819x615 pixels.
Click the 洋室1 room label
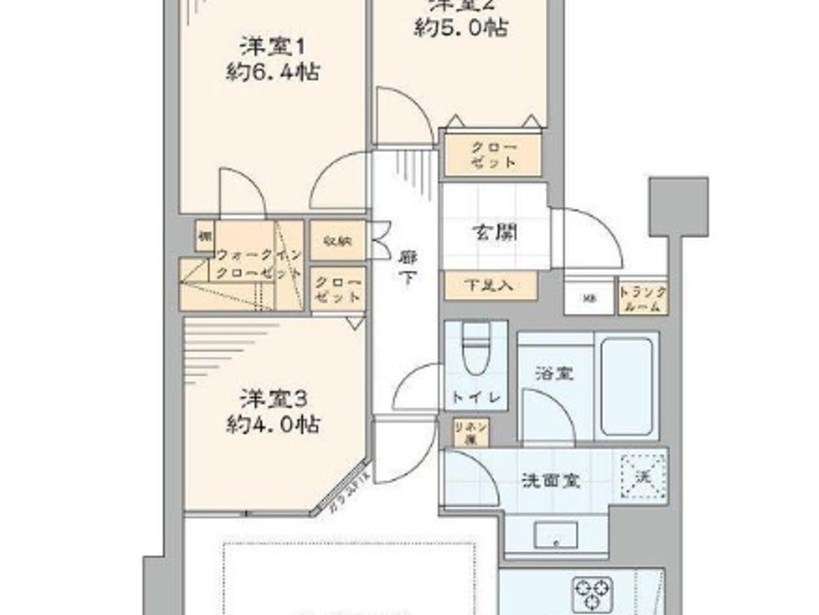(x=273, y=47)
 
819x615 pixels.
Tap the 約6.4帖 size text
(x=273, y=73)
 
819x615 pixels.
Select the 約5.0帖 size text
(x=460, y=28)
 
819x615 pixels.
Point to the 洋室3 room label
(x=273, y=399)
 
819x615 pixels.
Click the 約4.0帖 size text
(x=273, y=424)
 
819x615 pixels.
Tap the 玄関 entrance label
(x=495, y=233)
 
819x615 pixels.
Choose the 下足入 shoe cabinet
(x=490, y=285)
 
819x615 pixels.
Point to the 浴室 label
(x=553, y=373)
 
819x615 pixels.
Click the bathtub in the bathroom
(x=626, y=386)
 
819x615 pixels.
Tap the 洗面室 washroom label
(x=550, y=481)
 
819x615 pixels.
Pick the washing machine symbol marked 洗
(x=643, y=476)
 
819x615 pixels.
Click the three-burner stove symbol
(x=593, y=593)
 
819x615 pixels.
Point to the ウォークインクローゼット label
(x=259, y=264)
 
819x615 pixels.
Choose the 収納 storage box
(x=338, y=240)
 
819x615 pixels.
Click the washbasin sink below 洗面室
(x=556, y=535)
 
